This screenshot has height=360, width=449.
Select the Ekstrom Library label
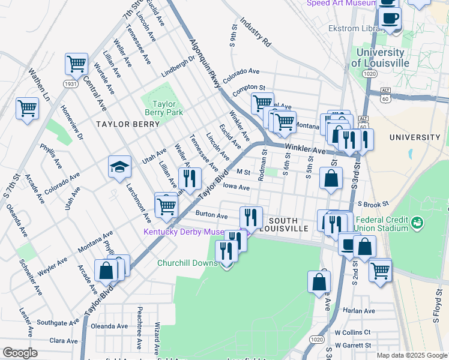coord(369,28)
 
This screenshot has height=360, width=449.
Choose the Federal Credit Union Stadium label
coord(381,224)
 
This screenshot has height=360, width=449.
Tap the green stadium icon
coord(417,224)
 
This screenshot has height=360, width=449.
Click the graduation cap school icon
coord(119,166)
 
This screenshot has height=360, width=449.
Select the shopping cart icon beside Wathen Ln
coord(28,109)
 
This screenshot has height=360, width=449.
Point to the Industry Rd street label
coord(256,32)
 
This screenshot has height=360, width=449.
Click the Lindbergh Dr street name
coord(178,67)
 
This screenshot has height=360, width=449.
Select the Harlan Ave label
coord(360,311)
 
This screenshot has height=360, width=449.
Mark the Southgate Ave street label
coord(58,322)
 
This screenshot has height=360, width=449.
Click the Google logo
coord(20,353)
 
